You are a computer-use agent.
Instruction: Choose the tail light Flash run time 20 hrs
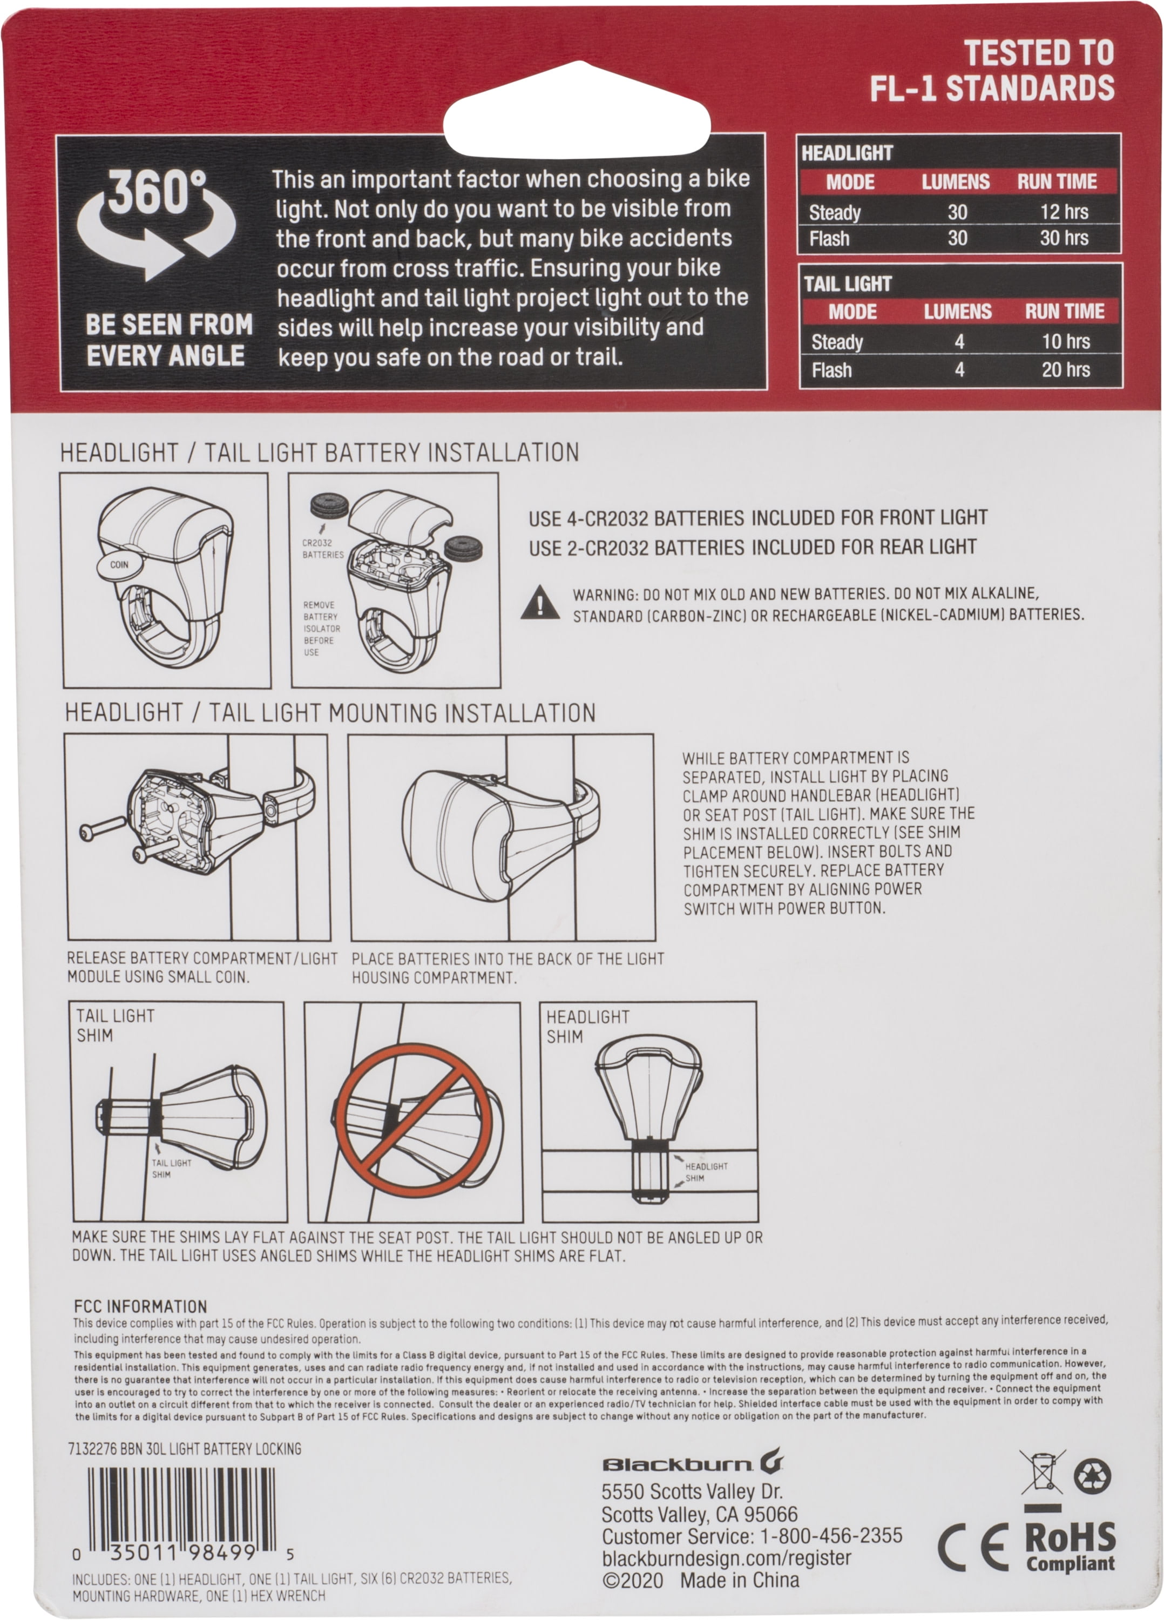click(x=1065, y=369)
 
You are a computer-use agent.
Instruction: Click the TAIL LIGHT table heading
click(x=848, y=284)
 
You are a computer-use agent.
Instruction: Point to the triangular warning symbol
click(x=540, y=602)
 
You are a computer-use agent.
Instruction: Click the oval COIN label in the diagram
click(x=119, y=564)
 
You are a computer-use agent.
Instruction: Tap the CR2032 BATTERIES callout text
click(x=323, y=549)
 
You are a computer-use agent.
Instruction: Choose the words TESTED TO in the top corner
click(x=1039, y=53)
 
